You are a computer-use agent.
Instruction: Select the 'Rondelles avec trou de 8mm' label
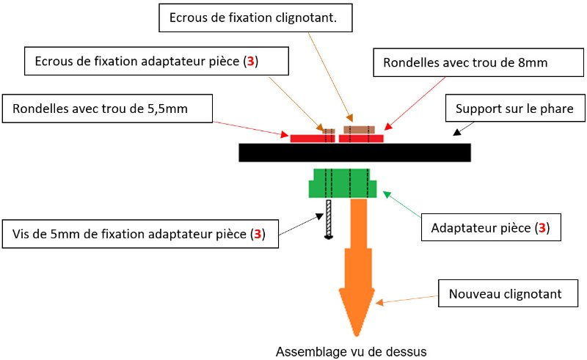point(465,63)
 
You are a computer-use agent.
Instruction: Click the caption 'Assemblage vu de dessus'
point(351,350)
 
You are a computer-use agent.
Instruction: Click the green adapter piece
point(343,184)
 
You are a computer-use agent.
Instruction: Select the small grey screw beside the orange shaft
point(329,218)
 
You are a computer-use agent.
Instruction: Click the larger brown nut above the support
point(359,130)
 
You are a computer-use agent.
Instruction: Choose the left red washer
point(308,138)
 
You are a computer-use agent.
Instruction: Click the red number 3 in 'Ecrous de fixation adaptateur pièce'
point(251,62)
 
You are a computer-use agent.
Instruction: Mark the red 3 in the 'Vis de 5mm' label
point(257,235)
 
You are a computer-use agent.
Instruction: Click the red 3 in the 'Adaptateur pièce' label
point(542,228)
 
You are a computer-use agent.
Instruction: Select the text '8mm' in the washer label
point(534,63)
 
